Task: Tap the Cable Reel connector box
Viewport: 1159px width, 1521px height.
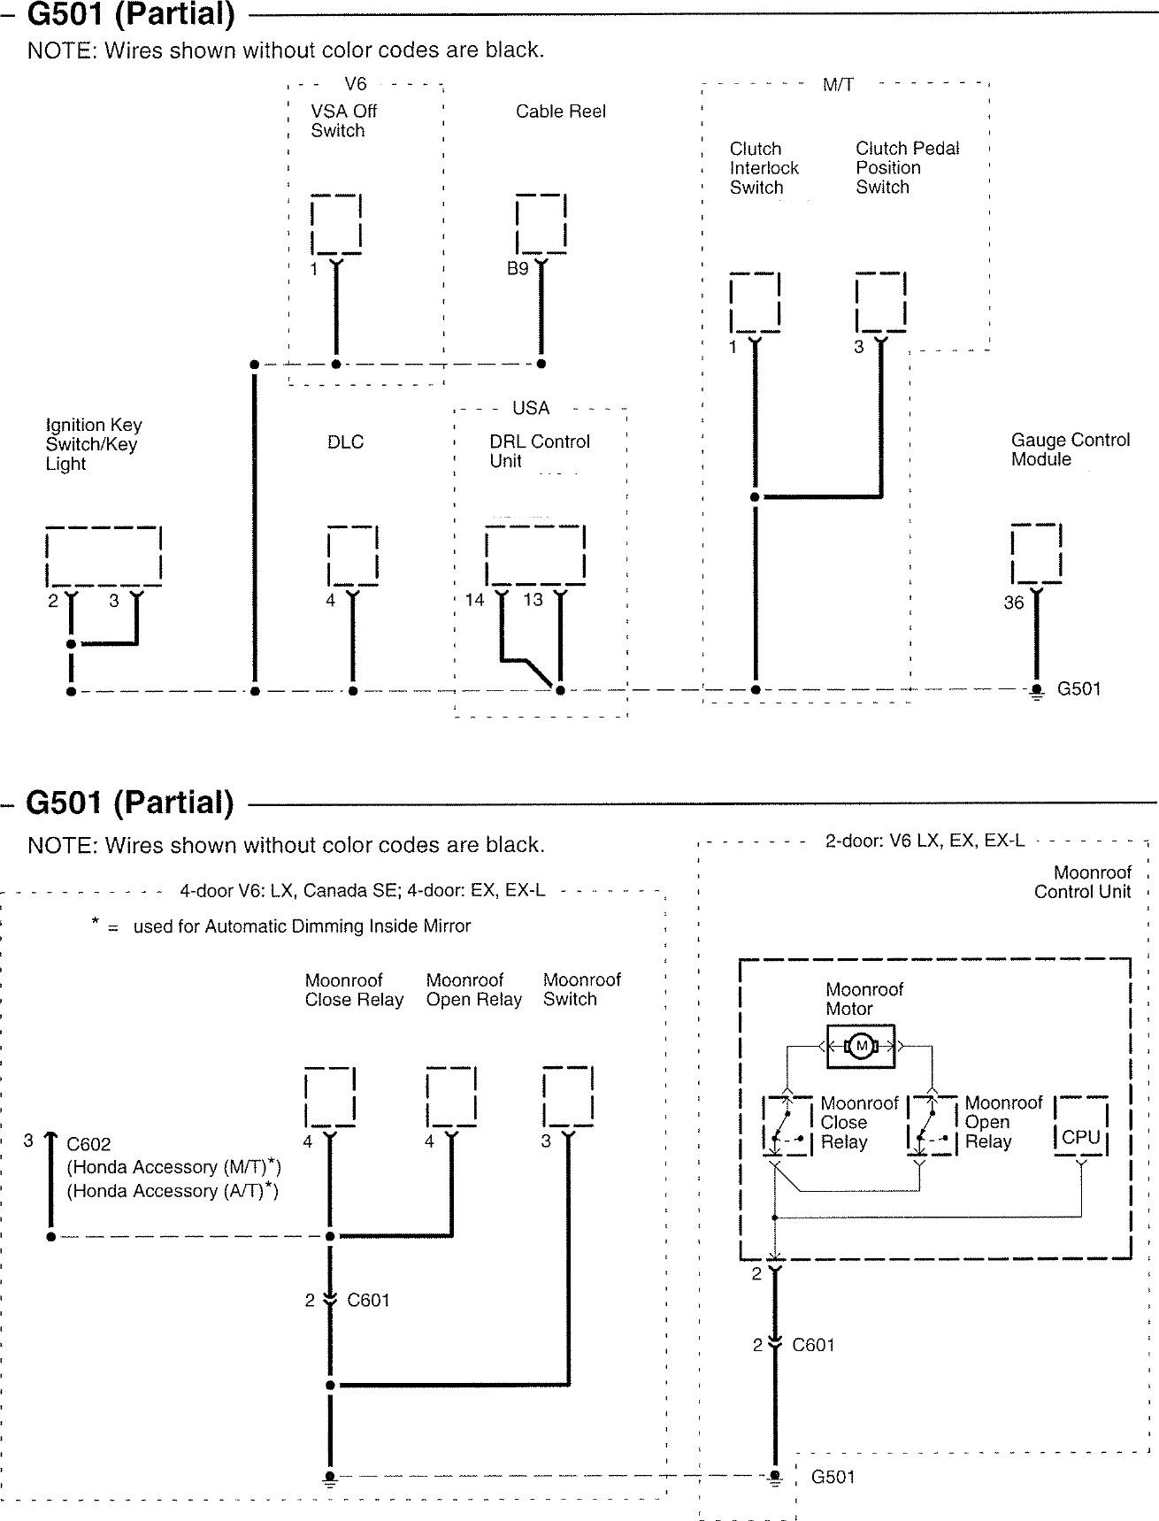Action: click(x=541, y=223)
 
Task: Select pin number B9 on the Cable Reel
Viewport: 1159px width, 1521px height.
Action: click(x=518, y=268)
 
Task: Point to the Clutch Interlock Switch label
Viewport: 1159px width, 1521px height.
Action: click(x=764, y=168)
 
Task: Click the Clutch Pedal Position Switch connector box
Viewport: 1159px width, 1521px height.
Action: click(x=880, y=302)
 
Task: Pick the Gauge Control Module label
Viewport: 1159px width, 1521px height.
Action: click(x=1071, y=449)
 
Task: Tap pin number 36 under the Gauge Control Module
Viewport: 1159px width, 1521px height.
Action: click(x=1014, y=603)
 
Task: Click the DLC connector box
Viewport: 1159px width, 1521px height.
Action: click(x=353, y=555)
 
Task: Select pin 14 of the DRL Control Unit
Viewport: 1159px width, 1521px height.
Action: click(x=475, y=600)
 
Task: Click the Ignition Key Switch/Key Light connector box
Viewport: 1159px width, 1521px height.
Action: click(x=104, y=556)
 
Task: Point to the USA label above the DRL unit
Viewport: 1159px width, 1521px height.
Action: click(x=531, y=408)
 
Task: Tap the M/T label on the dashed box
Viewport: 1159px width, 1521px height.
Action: click(x=838, y=85)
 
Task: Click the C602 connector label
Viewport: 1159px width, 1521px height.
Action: click(x=88, y=1144)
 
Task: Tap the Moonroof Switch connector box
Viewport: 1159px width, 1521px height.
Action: click(x=568, y=1097)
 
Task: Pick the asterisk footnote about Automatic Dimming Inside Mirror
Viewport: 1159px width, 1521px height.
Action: click(x=281, y=926)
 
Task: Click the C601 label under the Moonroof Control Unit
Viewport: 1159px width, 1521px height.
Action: click(x=814, y=1345)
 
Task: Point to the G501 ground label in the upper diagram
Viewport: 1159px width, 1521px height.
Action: click(x=1079, y=689)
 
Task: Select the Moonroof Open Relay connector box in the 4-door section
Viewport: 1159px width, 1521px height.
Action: click(x=451, y=1097)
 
